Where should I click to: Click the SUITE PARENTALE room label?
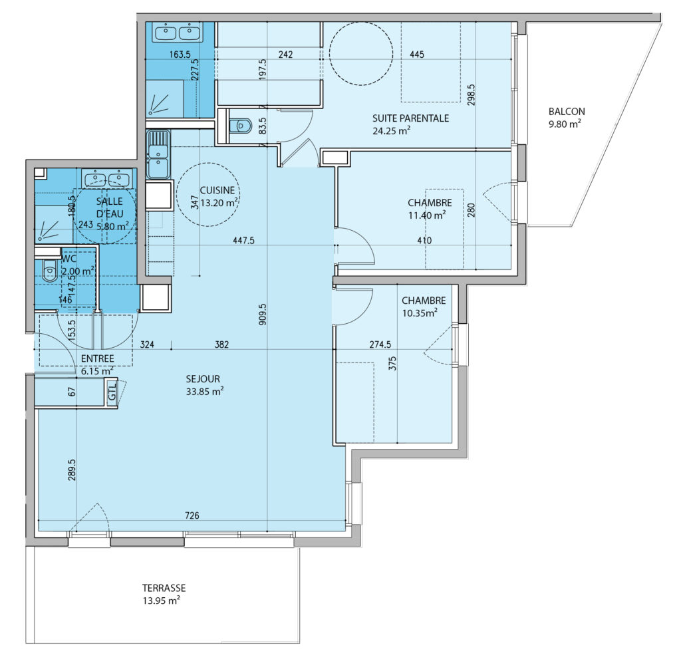click(410, 118)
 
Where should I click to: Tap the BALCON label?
click(567, 112)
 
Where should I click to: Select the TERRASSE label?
click(164, 588)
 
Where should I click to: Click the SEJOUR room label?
click(203, 378)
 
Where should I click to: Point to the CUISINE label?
click(217, 190)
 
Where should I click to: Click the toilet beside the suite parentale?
click(240, 126)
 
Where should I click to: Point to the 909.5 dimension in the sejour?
click(262, 315)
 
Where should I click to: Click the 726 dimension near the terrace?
click(192, 515)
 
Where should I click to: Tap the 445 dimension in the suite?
click(417, 55)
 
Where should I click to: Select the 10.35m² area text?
click(420, 313)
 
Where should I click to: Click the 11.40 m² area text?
click(427, 215)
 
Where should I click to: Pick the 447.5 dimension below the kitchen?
click(243, 240)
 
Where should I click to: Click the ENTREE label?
click(98, 358)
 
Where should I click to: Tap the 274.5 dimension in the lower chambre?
click(380, 344)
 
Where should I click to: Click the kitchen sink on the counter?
click(158, 154)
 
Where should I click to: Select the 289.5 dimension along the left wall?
click(72, 470)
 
